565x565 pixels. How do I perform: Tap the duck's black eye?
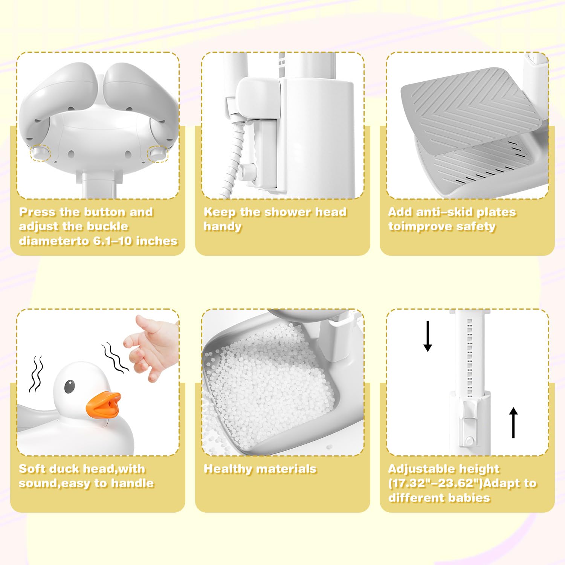point(69,386)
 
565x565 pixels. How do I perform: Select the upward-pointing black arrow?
point(513,423)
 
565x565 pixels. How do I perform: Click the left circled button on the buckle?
point(40,153)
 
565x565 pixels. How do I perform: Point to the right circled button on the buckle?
point(157,153)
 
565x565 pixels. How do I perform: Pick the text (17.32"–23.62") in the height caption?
point(436,483)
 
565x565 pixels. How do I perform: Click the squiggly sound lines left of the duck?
point(36,374)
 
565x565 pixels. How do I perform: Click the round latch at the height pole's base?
point(470,441)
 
